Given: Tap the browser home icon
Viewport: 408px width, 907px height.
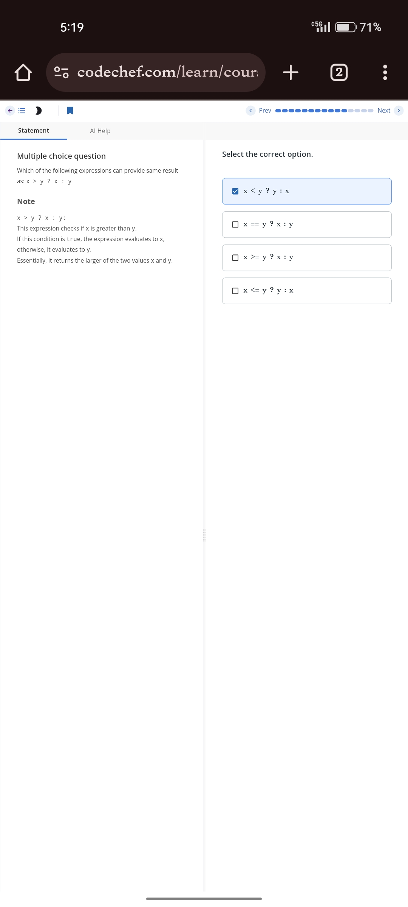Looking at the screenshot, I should [23, 72].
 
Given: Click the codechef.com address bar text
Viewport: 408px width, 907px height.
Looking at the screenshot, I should [167, 72].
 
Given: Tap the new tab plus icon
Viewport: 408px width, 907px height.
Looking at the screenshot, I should [291, 72].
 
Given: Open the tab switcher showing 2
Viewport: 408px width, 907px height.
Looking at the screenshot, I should [339, 72].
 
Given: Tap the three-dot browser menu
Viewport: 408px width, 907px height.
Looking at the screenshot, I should [385, 72].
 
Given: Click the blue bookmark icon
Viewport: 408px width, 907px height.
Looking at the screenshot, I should [70, 110].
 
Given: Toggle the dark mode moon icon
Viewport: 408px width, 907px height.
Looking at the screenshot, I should [38, 110].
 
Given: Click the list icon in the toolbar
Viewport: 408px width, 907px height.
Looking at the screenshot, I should [22, 110].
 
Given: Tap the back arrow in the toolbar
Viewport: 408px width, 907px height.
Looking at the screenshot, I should [10, 110].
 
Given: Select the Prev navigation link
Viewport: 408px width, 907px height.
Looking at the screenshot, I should [265, 110].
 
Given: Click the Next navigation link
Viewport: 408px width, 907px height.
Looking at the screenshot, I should [384, 110].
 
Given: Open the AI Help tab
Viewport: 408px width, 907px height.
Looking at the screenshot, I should [100, 131].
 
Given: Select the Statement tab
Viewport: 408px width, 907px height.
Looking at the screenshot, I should [34, 130].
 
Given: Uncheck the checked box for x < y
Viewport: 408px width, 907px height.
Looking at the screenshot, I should [235, 191].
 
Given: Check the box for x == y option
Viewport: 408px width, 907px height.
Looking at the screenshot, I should [235, 224].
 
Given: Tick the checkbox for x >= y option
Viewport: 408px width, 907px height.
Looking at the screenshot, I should [235, 258].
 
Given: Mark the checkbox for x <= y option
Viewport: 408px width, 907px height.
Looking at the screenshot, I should [235, 291].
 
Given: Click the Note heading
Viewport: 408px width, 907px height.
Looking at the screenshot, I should [26, 201].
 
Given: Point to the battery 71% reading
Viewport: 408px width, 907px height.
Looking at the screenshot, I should [370, 27].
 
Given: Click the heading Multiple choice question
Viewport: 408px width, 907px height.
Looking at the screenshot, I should [61, 156].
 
